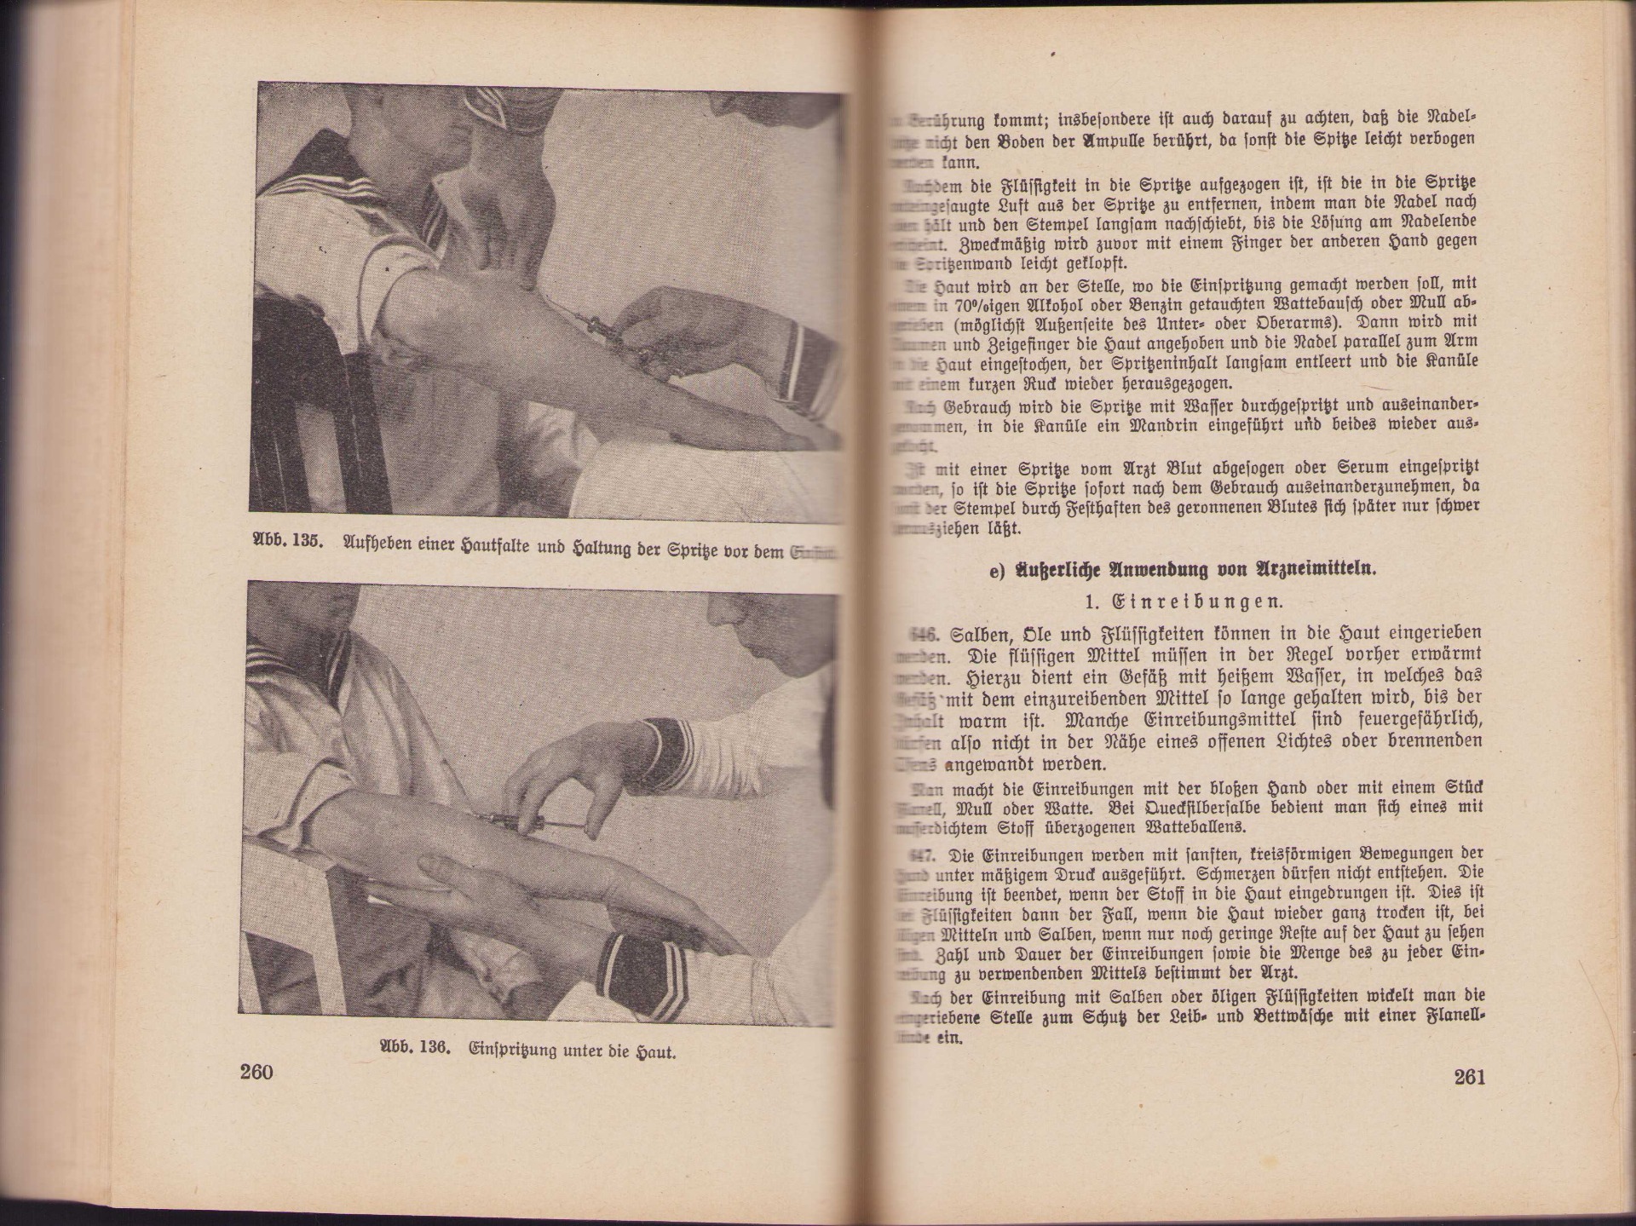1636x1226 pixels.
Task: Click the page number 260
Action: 256,1072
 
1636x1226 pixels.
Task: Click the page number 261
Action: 1470,1077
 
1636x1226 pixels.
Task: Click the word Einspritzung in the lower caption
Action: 511,1050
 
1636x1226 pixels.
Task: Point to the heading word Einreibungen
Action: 1184,601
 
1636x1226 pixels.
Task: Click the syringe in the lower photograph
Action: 528,822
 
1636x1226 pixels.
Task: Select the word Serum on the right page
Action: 1347,468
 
